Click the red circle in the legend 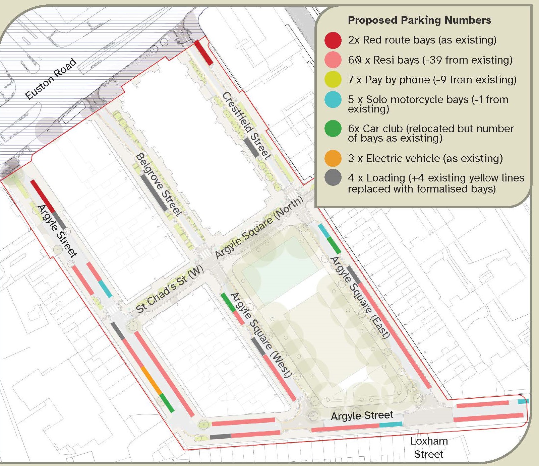click(333, 40)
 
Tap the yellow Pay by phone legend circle click(333, 80)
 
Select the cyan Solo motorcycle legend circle click(333, 100)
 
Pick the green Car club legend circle click(333, 129)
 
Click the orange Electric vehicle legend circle click(333, 158)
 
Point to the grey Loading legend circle click(333, 178)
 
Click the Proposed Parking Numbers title click(419, 20)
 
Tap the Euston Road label click(51, 79)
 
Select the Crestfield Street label click(246, 125)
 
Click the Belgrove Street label click(159, 184)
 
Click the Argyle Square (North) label click(259, 228)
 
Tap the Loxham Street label click(429, 448)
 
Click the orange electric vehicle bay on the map click(151, 380)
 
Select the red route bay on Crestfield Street click(204, 53)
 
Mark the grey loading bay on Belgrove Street click(154, 192)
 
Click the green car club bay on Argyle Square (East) click(334, 245)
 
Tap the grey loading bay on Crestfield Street click(251, 147)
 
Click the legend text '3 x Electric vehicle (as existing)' click(425, 158)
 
